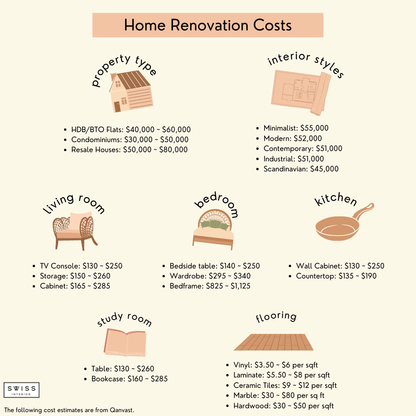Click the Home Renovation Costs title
tap(208, 25)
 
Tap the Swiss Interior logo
tap(22, 390)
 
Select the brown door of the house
tap(117, 107)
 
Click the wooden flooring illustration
tap(274, 342)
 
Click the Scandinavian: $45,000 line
tap(301, 169)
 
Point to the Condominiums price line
tap(130, 139)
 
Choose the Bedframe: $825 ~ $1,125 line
tap(210, 286)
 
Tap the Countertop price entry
tap(336, 276)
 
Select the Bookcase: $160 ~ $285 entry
tap(129, 379)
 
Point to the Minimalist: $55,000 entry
tap(296, 128)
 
